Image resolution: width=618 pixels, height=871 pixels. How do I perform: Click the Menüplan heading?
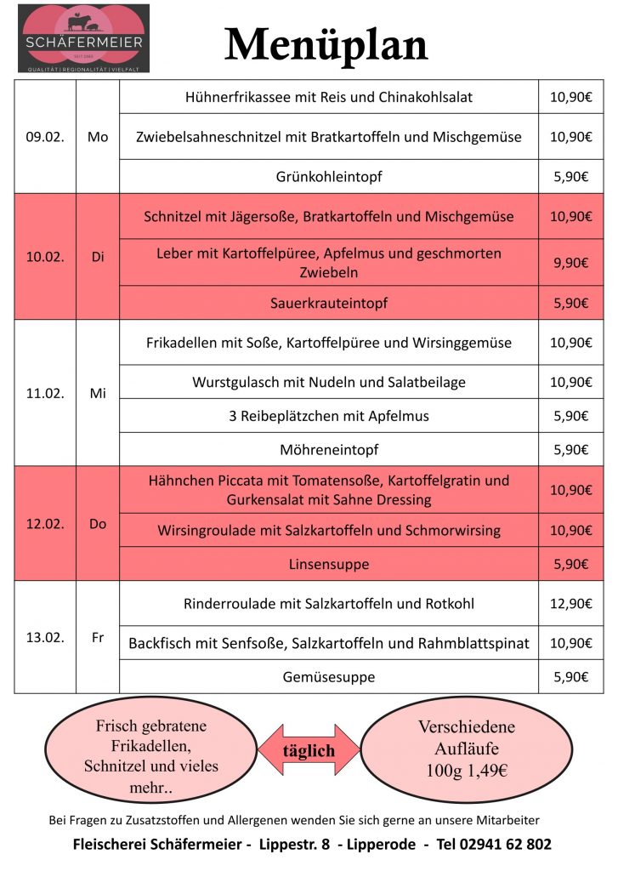[x=326, y=44]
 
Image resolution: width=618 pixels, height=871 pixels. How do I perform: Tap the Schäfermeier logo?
[x=83, y=38]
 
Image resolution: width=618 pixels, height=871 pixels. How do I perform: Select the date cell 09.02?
[x=45, y=137]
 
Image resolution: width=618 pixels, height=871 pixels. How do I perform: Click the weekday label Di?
[x=98, y=257]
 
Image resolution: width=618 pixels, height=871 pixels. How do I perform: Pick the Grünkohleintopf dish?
[x=328, y=177]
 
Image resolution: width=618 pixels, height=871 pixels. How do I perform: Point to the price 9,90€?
[x=570, y=263]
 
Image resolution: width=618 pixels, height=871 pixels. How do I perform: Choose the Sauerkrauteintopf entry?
[x=328, y=303]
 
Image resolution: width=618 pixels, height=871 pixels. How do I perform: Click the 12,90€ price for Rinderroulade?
[x=570, y=604]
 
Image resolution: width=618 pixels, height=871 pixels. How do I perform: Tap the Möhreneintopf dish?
[x=328, y=449]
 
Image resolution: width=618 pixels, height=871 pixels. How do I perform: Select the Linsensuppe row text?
[x=328, y=564]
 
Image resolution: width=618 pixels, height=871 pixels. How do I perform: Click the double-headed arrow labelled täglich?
[x=309, y=751]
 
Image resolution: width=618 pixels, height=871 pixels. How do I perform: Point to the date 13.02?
[x=45, y=637]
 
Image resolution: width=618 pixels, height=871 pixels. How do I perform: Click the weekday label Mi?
[x=98, y=394]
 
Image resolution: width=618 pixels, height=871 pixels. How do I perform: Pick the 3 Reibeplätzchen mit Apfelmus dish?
[x=328, y=416]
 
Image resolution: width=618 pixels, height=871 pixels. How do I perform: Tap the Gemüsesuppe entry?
[x=328, y=677]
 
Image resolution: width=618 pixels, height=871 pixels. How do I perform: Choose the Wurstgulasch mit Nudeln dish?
[x=328, y=383]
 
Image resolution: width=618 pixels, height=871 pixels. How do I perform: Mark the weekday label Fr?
[x=98, y=637]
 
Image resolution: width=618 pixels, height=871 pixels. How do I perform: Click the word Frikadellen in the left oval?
[x=150, y=746]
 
